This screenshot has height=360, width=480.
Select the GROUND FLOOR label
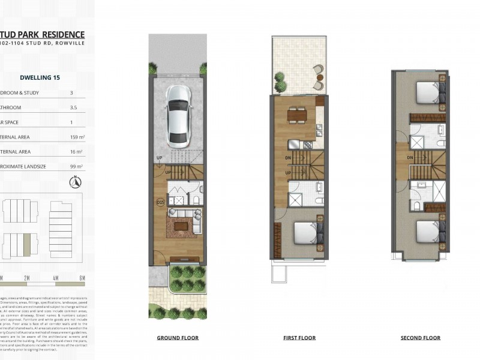pos(178,338)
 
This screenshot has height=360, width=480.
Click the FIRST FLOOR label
pos(299,338)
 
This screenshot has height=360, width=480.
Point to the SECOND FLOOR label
pos(420,338)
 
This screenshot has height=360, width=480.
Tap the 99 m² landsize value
pos(76,166)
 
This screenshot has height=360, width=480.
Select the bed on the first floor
pos(307,233)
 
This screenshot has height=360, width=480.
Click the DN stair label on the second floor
pos(409,158)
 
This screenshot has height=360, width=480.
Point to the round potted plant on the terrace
pos(280,77)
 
